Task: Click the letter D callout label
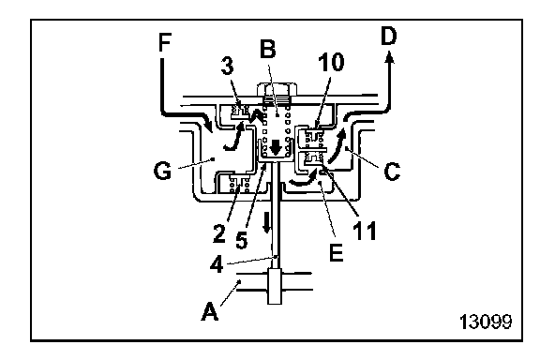[x=389, y=37]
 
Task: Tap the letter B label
[x=267, y=49]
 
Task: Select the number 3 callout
[x=227, y=66]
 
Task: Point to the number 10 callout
[x=331, y=63]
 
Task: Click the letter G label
[x=162, y=171]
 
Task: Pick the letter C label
[x=392, y=172]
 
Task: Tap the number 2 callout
[x=219, y=233]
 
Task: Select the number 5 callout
[x=242, y=239]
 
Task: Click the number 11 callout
[x=365, y=231]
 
